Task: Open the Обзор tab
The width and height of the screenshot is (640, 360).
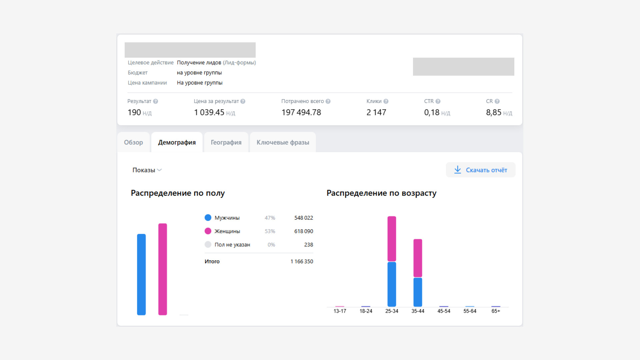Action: coord(133,142)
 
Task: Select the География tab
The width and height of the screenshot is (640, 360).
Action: coord(226,142)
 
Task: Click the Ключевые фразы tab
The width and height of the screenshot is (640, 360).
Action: coord(283,142)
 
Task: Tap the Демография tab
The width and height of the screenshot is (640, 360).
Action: coord(177,142)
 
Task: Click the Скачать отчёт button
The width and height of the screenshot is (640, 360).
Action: coord(481,170)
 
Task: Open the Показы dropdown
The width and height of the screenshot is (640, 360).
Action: coord(147,170)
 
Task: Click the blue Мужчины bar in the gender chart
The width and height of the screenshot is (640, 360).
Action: coord(141,274)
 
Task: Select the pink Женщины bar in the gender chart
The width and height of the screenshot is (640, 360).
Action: coord(163,269)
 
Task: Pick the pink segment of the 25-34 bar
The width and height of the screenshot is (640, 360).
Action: coord(392,239)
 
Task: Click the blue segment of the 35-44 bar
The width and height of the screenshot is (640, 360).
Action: coord(418,292)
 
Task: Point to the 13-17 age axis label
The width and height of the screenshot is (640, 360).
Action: coord(340,311)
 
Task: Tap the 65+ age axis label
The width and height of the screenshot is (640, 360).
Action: coord(496,311)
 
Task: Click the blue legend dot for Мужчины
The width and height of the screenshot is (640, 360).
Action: coord(208,218)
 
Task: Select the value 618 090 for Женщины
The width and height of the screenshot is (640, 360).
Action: coord(304,231)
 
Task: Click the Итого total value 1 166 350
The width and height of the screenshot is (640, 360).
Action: coord(302,262)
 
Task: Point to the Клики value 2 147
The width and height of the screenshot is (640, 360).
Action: coord(376,113)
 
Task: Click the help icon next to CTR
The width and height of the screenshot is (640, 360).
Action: coord(438,101)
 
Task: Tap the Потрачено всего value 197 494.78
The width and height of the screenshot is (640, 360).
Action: coord(301,113)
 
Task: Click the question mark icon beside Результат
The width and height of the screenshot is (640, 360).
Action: coord(155,101)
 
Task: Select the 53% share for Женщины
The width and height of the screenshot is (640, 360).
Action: coord(270,231)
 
